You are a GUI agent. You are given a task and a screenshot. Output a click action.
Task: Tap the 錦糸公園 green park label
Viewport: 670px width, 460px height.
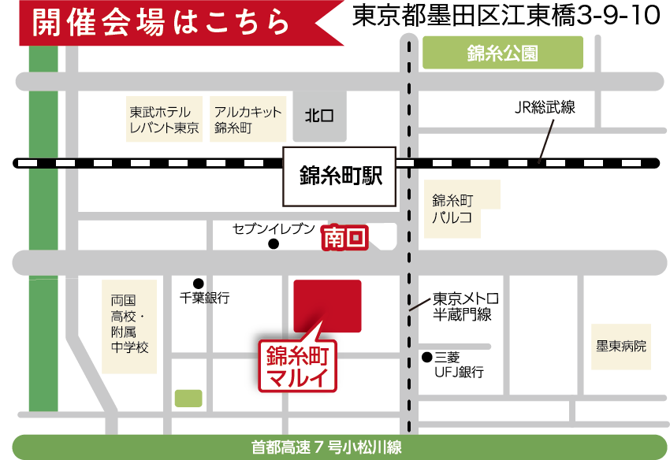pyautogui.click(x=503, y=54)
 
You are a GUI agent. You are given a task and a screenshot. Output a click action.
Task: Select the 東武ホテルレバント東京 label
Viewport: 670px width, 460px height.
pyautogui.click(x=163, y=120)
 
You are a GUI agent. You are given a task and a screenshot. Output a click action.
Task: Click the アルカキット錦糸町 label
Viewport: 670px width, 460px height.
pyautogui.click(x=248, y=120)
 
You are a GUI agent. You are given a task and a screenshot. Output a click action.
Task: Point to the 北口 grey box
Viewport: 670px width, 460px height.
pyautogui.click(x=318, y=116)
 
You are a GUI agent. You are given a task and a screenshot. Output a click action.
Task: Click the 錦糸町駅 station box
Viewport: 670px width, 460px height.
pyautogui.click(x=339, y=176)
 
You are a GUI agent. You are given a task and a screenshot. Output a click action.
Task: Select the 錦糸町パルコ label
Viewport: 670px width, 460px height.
pyautogui.click(x=461, y=206)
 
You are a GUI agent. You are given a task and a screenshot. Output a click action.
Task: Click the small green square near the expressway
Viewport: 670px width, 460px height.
pyautogui.click(x=188, y=398)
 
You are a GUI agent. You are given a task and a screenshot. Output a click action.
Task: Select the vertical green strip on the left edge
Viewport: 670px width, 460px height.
pyautogui.click(x=43, y=236)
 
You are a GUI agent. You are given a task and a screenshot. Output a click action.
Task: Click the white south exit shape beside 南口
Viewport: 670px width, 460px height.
pyautogui.click(x=384, y=236)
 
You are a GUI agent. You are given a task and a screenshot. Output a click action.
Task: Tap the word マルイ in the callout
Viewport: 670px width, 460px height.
pyautogui.click(x=298, y=376)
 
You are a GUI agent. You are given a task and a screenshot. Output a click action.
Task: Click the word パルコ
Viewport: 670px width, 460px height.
pyautogui.click(x=452, y=213)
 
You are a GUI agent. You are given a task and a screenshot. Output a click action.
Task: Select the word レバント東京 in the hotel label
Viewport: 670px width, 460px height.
pyautogui.click(x=163, y=128)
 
